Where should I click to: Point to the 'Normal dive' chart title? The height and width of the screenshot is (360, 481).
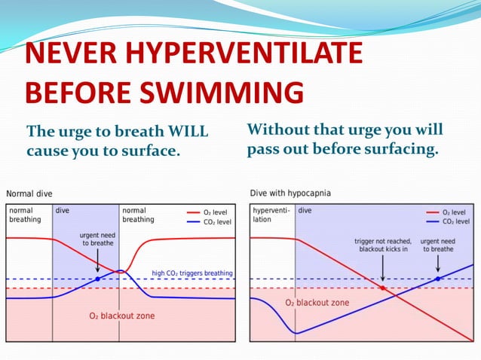30,194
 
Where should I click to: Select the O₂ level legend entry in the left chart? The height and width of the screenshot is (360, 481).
210,212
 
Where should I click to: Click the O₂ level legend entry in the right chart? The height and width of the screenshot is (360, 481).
453,212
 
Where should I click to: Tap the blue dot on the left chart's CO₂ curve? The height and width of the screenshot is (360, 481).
97,279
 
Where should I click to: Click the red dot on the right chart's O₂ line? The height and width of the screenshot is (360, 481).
382,288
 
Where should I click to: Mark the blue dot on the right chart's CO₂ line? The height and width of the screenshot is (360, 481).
438,279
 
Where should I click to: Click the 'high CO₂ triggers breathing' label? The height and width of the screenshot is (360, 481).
192,273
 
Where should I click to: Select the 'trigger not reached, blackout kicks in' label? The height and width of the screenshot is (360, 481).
382,246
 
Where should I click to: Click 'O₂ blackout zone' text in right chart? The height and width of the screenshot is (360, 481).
317,302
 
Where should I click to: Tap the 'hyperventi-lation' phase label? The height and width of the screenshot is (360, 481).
270,215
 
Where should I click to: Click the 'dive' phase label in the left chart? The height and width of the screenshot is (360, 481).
63,210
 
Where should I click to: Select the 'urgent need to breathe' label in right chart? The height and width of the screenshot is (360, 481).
437,246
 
